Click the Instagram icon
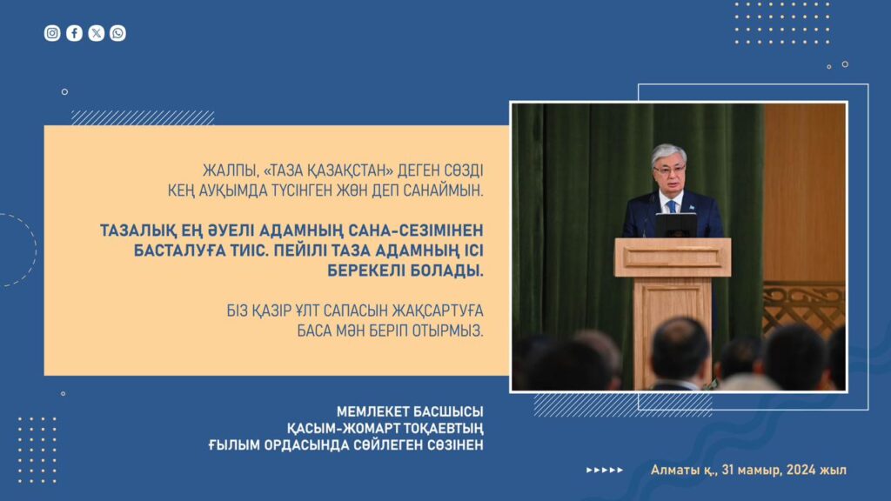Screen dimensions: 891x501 click(x=52, y=33)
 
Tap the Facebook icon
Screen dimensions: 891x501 click(x=75, y=33)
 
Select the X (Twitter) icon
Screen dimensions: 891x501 click(x=97, y=33)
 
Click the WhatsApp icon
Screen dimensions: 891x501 click(x=118, y=33)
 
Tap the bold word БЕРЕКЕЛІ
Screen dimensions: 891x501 click(x=366, y=271)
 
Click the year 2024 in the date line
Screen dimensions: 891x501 click(x=801, y=471)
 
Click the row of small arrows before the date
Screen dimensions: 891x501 click(x=605, y=471)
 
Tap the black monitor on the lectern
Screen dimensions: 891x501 click(x=676, y=225)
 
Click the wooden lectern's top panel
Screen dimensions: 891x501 click(x=673, y=257)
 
